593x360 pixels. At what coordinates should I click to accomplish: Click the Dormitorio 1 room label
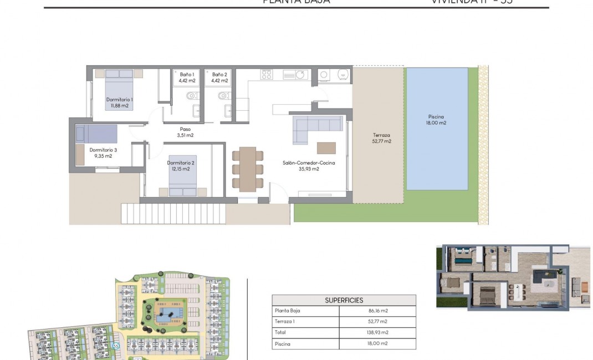tap(119, 102)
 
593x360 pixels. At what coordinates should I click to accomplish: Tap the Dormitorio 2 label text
tap(181, 166)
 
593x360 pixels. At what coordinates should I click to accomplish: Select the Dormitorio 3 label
tap(103, 153)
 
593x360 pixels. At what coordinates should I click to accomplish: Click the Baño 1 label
tap(187, 78)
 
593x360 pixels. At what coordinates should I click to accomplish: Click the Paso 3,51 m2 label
tap(185, 132)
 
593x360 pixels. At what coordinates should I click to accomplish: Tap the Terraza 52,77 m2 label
tap(381, 138)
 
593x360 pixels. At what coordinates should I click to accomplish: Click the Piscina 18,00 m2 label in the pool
tap(437, 120)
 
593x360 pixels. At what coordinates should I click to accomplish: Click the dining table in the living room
tap(248, 169)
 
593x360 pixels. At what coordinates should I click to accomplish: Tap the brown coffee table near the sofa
tap(326, 148)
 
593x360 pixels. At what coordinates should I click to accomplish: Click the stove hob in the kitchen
tap(267, 74)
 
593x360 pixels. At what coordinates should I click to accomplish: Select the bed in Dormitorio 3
tap(97, 134)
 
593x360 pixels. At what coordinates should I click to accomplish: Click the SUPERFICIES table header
tap(344, 300)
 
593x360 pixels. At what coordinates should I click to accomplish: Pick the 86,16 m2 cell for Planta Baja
tap(377, 311)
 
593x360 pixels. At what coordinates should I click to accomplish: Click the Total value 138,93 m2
tap(377, 332)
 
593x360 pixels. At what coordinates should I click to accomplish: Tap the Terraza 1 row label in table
tap(284, 321)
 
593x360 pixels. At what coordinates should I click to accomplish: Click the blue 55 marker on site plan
tap(116, 346)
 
